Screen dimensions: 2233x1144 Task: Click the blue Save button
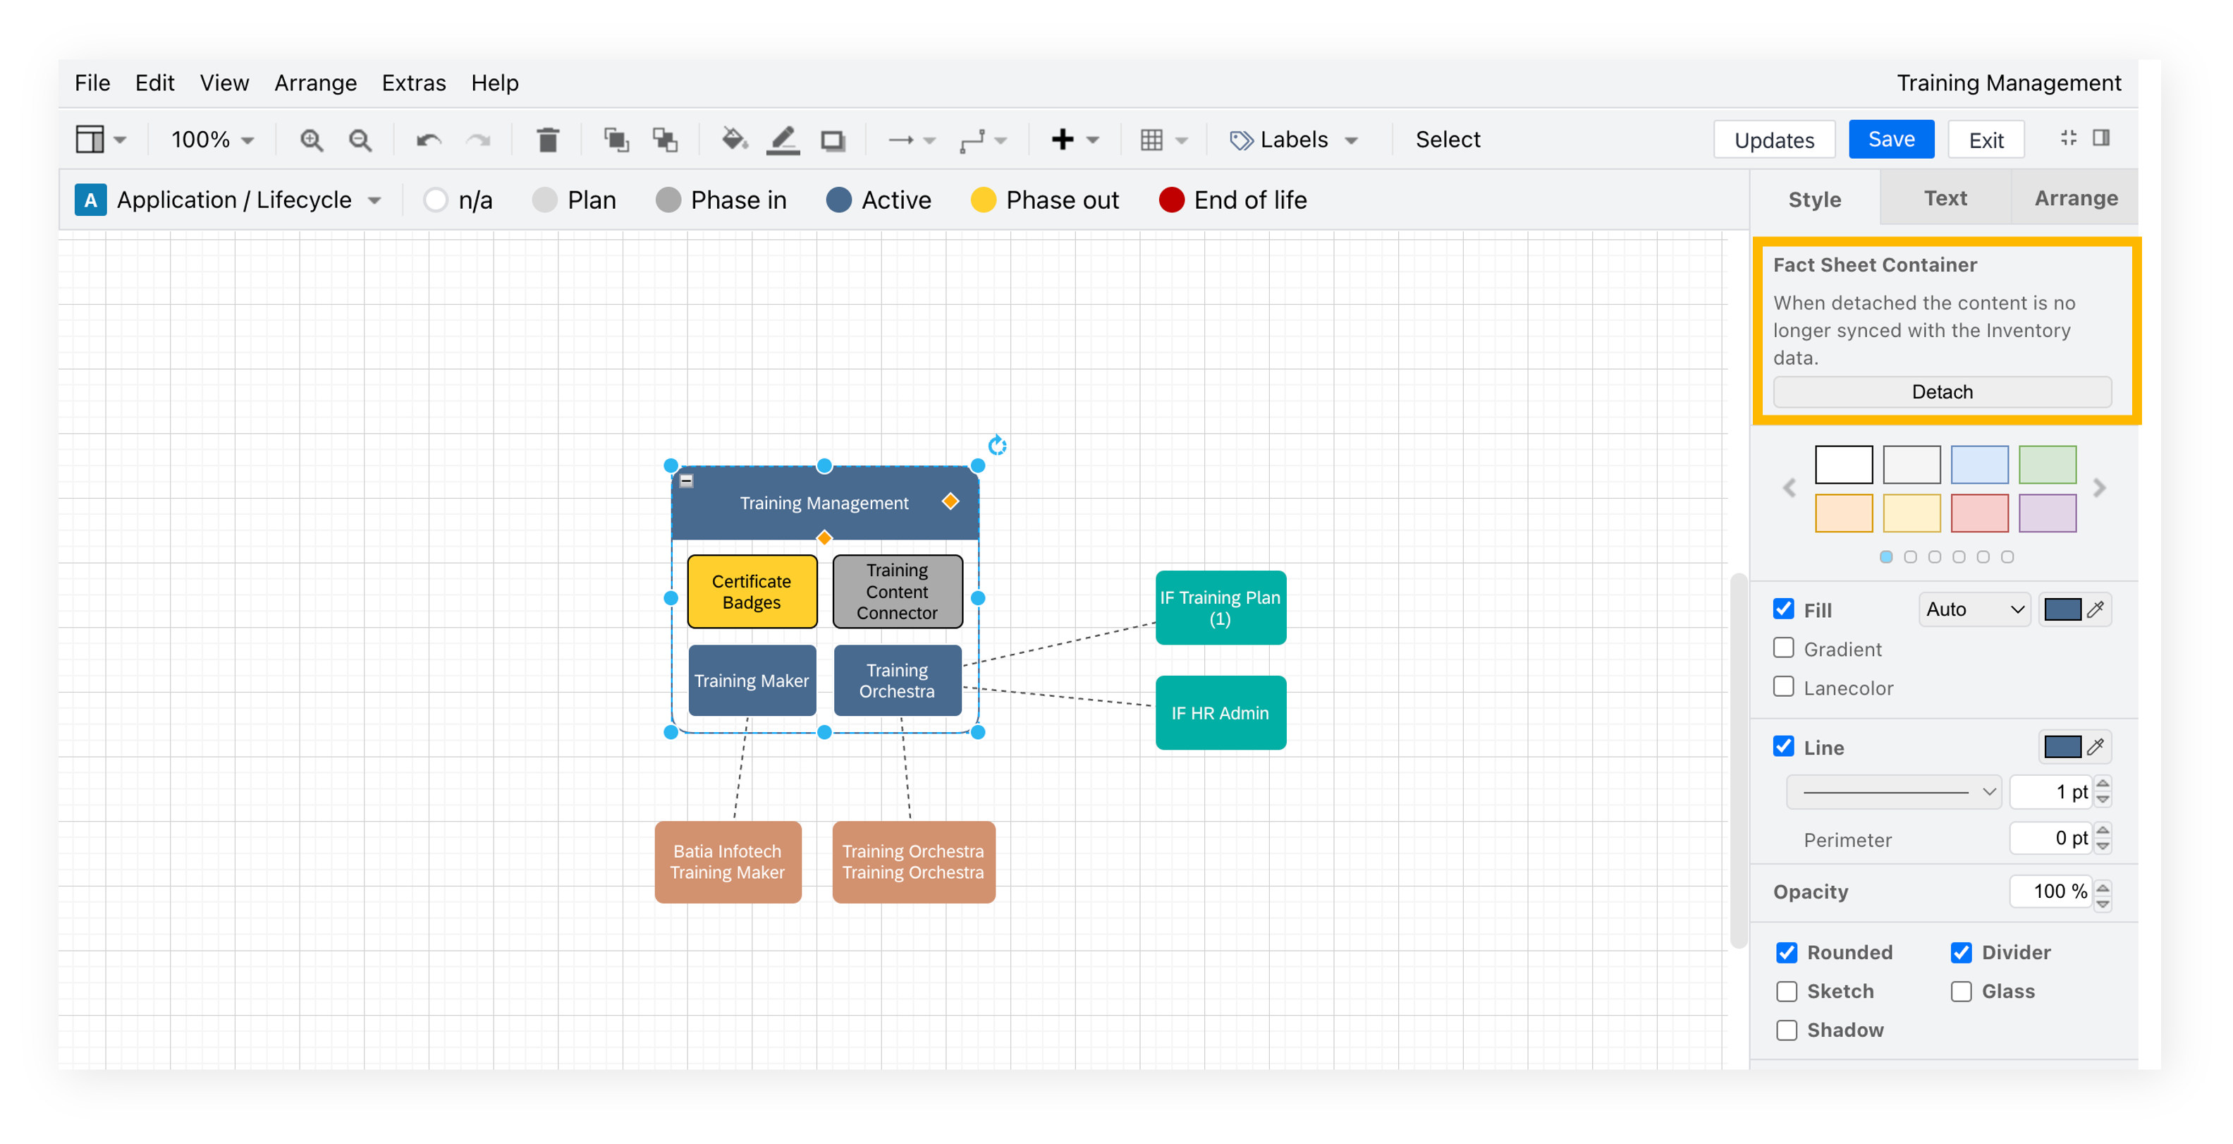point(1890,140)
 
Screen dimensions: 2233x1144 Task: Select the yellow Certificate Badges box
point(752,592)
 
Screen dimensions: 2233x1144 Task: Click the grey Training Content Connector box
point(897,592)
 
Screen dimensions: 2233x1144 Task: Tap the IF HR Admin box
point(1220,713)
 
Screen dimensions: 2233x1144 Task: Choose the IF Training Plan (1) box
point(1220,608)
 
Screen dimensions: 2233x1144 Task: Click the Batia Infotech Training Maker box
point(727,862)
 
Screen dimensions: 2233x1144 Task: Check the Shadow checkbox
point(1787,1030)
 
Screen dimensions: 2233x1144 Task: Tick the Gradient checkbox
point(1783,649)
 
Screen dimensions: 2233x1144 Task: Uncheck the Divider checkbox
point(1961,952)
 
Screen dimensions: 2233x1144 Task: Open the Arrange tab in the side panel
point(2075,199)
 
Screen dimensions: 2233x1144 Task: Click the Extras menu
point(413,83)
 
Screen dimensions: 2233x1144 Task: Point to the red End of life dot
point(1171,200)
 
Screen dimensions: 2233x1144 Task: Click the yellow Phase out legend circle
point(983,200)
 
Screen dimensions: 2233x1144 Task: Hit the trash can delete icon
point(547,140)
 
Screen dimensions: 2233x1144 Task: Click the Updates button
point(1773,140)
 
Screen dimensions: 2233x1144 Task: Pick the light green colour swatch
point(2047,465)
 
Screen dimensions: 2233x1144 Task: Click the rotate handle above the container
point(997,446)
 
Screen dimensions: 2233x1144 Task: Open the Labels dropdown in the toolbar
point(1293,140)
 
